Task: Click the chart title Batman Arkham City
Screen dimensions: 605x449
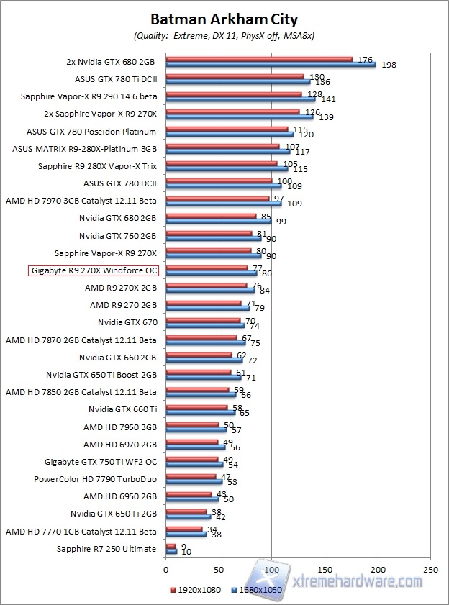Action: [224, 19]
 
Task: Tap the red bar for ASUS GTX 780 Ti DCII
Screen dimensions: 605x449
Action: [235, 76]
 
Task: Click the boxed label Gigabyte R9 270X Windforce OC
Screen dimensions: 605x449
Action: [94, 270]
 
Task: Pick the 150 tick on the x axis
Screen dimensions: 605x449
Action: [325, 568]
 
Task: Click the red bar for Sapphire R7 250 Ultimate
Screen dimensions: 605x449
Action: [171, 547]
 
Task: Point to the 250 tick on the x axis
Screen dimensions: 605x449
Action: [431, 568]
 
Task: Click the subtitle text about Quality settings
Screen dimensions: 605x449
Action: [224, 35]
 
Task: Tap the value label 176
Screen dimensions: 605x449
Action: [364, 60]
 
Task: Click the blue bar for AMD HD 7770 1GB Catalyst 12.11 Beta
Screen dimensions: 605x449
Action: [186, 534]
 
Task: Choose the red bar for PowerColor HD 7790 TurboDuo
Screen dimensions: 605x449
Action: [191, 476]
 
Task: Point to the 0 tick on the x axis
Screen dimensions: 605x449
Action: [166, 568]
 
